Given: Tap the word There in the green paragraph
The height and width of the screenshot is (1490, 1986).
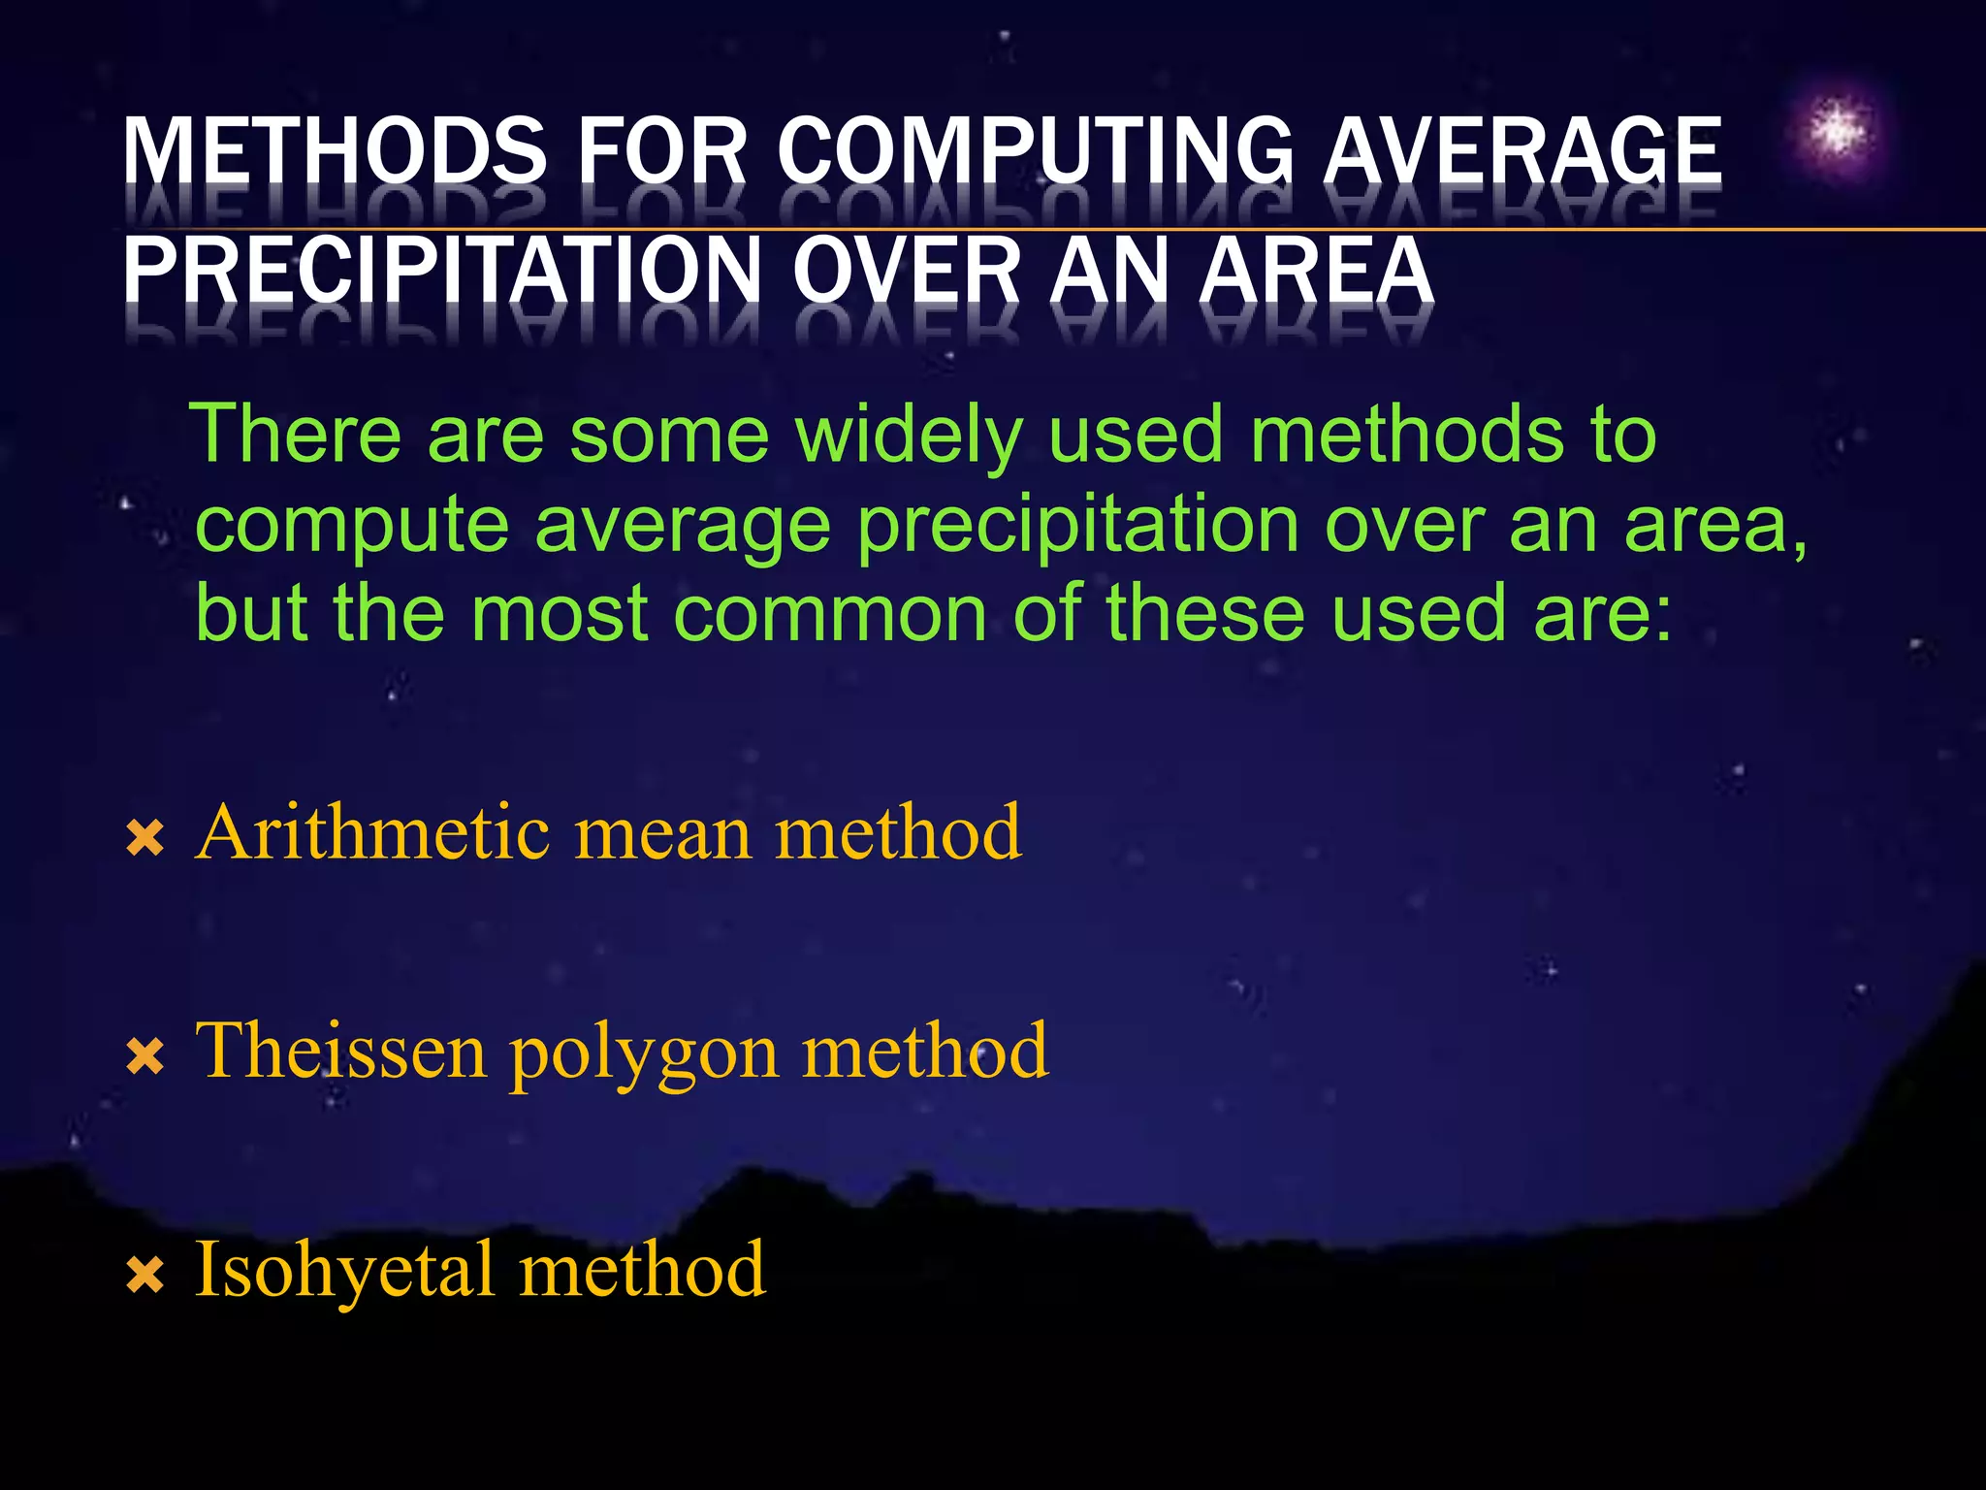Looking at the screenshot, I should click(295, 434).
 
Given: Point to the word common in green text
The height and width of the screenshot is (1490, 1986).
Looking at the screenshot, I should click(830, 614).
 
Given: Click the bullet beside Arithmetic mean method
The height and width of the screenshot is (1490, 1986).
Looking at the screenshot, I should click(145, 838).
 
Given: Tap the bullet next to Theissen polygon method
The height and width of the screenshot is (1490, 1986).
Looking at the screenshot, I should click(145, 1056).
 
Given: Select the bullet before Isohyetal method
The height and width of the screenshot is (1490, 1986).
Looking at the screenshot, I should click(145, 1275).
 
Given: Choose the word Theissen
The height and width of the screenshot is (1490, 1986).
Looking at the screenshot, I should click(340, 1051).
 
